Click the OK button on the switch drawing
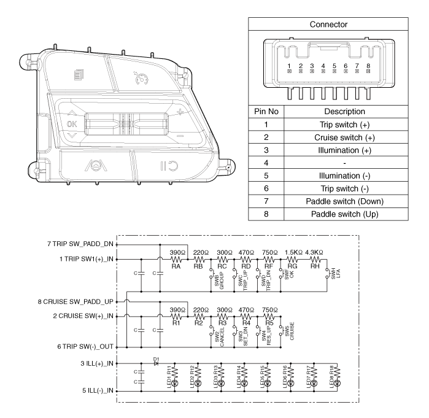(72, 124)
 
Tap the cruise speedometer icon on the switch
(141, 78)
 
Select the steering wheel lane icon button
(96, 166)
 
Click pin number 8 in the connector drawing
(368, 66)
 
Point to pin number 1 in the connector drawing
(289, 66)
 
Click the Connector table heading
(328, 25)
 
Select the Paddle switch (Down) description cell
(345, 201)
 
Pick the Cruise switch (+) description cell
(345, 137)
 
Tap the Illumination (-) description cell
(345, 176)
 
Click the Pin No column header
(266, 111)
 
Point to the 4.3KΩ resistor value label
(314, 252)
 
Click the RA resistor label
(176, 266)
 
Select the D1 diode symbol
(156, 363)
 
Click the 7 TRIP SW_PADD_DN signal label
(80, 244)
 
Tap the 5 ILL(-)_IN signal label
(98, 390)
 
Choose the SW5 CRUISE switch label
(290, 331)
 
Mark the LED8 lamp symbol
(338, 383)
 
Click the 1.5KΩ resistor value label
(293, 252)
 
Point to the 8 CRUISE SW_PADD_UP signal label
(75, 302)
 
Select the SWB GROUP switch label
(219, 279)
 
